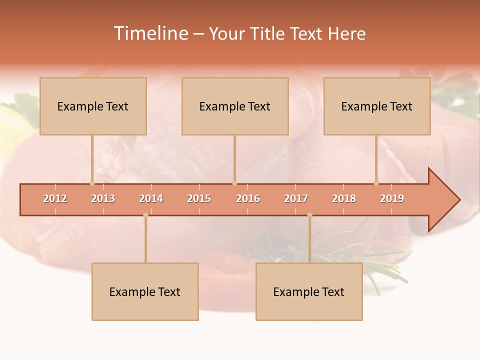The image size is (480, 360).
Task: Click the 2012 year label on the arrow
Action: pos(55,198)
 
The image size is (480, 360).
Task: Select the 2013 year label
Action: pos(103,198)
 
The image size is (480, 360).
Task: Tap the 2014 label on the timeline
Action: pos(151,198)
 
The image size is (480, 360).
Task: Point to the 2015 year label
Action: pos(199,198)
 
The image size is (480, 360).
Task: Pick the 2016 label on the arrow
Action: pos(248,198)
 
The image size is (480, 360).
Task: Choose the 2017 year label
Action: pos(296,198)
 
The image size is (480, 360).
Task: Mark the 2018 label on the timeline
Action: pos(344,198)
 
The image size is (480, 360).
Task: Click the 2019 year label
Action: pos(392,198)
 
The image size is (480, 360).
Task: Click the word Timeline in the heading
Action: pos(150,33)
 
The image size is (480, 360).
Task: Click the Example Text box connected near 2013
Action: pos(93,106)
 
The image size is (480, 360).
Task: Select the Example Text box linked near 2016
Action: pos(235,106)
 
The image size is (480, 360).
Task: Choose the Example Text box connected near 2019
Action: pos(377,106)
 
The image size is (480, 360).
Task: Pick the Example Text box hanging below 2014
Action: pos(145,291)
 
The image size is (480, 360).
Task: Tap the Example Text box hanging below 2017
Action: pos(309,291)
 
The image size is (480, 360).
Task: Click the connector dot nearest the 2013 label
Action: pos(92,183)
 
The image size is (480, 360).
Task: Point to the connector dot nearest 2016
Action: pos(234,183)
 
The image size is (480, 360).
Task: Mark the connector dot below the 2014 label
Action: pos(145,215)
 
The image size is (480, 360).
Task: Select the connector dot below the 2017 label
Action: pos(309,215)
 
